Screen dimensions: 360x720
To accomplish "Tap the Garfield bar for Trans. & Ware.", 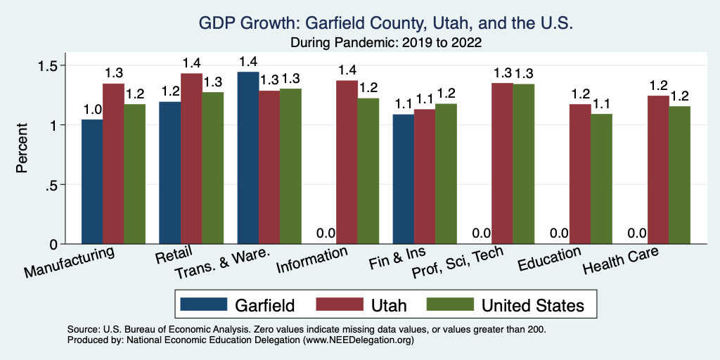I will [x=247, y=157].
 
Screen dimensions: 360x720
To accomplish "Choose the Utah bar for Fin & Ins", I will [x=424, y=176].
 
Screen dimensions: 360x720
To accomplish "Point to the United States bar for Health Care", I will [x=679, y=175].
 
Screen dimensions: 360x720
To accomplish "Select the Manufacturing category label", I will [x=70, y=262].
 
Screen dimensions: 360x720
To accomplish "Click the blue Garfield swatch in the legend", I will [x=205, y=304].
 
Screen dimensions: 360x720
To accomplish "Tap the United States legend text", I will [x=532, y=304].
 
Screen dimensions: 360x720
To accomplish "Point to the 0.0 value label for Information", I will [x=325, y=233].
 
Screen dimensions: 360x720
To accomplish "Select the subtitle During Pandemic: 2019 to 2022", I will [x=386, y=43].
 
